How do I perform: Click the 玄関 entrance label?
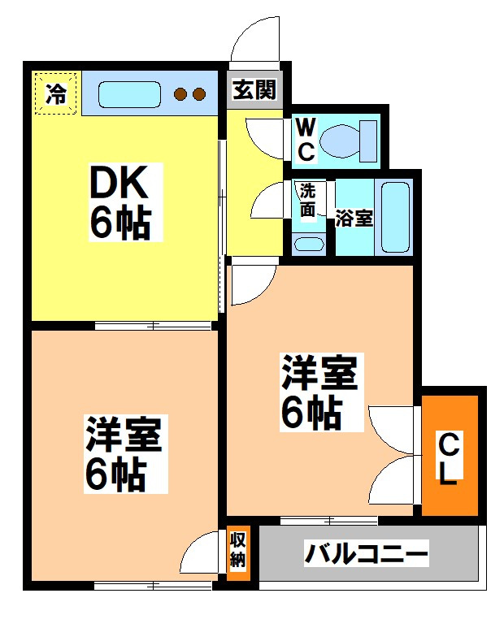point(255,89)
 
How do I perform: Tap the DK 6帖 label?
point(119,201)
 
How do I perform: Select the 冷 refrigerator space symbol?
point(56,93)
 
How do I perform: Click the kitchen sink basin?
point(129,94)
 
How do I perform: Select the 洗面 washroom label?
point(308,201)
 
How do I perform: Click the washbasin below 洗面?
point(308,243)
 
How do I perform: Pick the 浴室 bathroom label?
point(354,219)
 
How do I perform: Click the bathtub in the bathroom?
point(396,218)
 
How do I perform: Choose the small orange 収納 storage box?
point(237,551)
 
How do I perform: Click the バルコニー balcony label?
point(367,556)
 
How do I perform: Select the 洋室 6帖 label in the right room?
point(320,392)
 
